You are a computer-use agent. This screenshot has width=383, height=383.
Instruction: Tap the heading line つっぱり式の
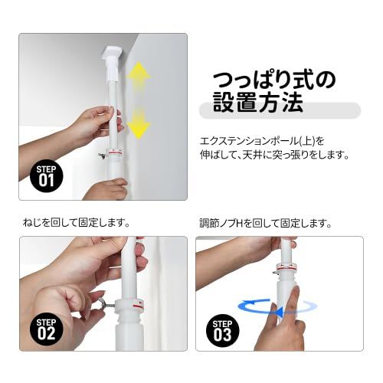273,80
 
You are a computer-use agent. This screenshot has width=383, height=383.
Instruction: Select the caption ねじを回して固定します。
75,223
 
